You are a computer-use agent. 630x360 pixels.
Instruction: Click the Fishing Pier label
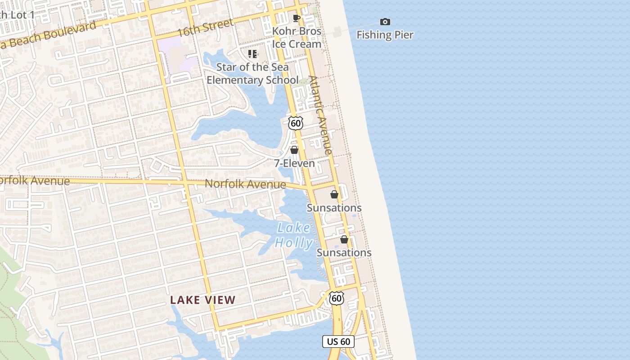[x=385, y=35]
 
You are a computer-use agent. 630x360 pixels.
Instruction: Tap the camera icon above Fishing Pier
[x=385, y=22]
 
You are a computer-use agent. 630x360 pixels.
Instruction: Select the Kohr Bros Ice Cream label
[x=297, y=38]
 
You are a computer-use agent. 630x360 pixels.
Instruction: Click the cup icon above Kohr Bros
[x=297, y=18]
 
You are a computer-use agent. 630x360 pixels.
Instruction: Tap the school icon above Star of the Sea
[x=252, y=54]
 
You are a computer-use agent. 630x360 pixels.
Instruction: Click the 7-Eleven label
[x=295, y=163]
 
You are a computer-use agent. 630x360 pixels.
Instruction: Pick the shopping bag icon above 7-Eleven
[x=294, y=150]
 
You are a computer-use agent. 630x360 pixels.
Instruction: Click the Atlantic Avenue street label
[x=321, y=115]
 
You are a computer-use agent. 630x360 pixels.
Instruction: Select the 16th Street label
[x=205, y=28]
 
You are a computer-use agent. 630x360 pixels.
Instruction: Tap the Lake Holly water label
[x=294, y=235]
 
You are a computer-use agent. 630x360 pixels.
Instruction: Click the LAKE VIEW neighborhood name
[x=203, y=300]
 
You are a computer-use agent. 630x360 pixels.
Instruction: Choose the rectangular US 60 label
[x=338, y=342]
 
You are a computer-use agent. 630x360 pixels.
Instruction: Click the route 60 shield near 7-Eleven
[x=295, y=123]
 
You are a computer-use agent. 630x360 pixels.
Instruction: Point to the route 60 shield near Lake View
[x=336, y=298]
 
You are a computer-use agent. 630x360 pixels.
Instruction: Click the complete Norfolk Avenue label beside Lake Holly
[x=245, y=184]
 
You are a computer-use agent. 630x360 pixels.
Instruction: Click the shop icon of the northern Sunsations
[x=334, y=194]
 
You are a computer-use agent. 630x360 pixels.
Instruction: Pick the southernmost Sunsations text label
[x=344, y=253]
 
